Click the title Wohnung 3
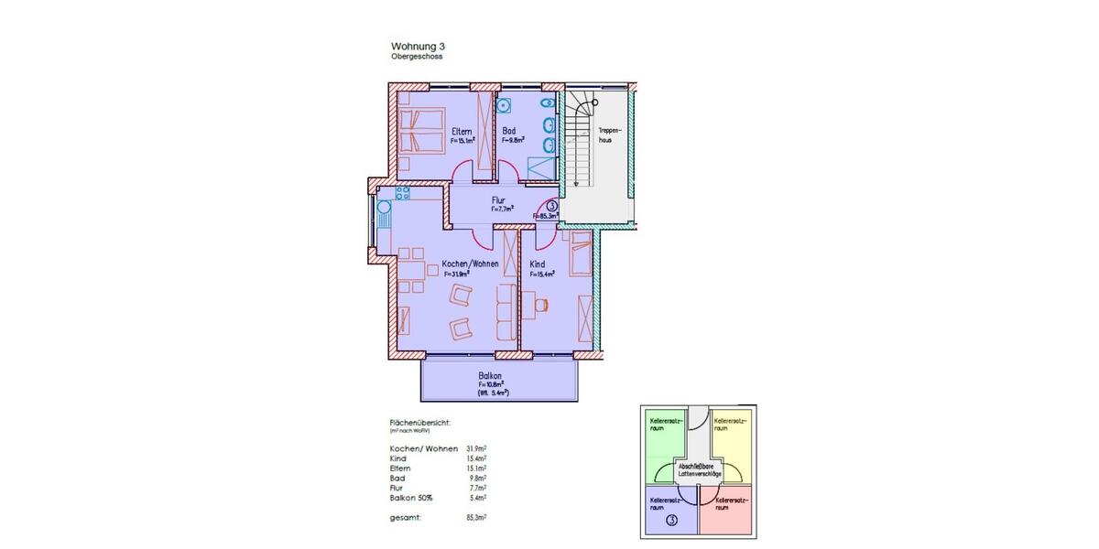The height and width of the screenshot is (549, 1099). (419, 46)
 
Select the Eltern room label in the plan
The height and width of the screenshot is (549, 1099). (462, 132)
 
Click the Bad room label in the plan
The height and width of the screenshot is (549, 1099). (508, 132)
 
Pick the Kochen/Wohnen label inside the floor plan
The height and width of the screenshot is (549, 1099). (470, 264)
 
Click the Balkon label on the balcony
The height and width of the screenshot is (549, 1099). (490, 375)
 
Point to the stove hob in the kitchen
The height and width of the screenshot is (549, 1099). (401, 193)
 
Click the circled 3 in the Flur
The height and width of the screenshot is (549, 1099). (551, 208)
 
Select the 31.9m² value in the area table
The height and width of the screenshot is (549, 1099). (476, 448)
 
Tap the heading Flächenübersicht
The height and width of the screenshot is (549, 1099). (420, 423)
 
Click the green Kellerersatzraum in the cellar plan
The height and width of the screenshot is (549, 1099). (665, 439)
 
